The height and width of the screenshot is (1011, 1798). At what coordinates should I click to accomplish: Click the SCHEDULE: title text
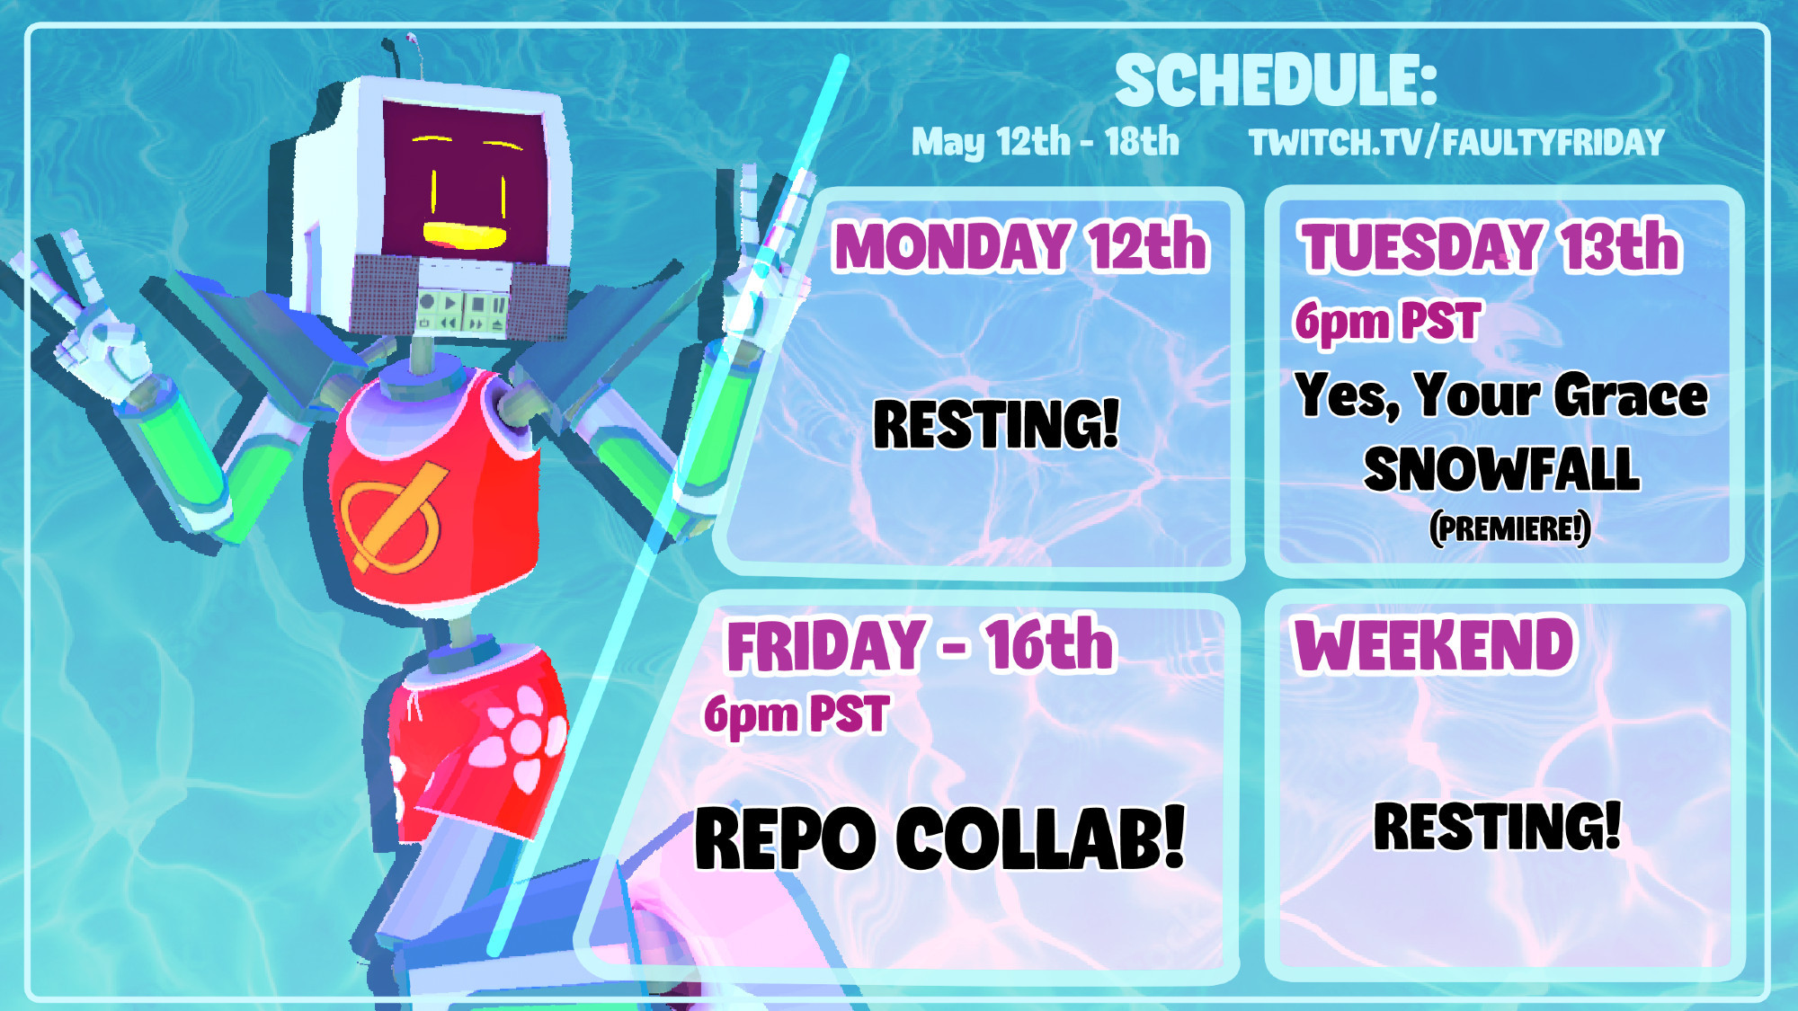[1277, 80]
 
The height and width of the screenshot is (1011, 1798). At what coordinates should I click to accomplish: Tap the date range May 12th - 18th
[1045, 142]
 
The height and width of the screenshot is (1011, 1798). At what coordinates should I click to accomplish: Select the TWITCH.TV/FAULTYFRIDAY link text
[1456, 142]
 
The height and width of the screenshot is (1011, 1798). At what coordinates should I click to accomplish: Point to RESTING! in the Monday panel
[997, 424]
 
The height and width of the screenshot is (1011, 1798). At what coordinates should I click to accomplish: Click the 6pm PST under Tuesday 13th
[1387, 321]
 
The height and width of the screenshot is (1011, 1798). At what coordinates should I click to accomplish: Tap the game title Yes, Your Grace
[1500, 395]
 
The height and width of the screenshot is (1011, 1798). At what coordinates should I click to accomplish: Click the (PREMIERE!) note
[1510, 528]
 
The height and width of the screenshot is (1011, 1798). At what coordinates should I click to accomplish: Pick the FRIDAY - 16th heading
[920, 644]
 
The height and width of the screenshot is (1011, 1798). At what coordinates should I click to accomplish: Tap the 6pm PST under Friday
[797, 714]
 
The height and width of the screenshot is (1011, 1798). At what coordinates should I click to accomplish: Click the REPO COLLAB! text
[940, 838]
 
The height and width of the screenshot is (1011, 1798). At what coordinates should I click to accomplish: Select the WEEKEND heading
[1434, 644]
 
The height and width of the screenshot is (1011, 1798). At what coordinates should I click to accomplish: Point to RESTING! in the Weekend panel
[1498, 826]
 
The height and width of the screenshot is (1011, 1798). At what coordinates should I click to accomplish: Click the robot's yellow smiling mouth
[465, 235]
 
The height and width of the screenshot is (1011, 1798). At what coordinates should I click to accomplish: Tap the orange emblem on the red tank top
[392, 517]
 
